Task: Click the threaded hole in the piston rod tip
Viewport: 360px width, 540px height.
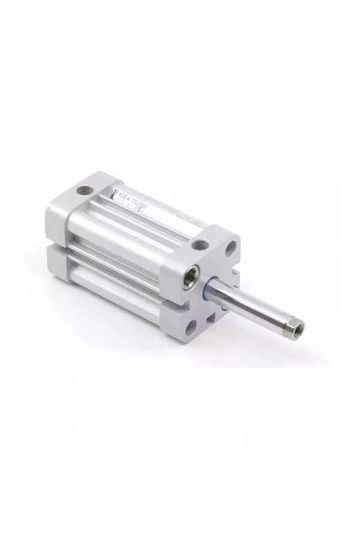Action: click(297, 328)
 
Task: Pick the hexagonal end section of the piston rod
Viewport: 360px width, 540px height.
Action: click(290, 324)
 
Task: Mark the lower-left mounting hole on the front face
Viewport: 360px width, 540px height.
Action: click(191, 327)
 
